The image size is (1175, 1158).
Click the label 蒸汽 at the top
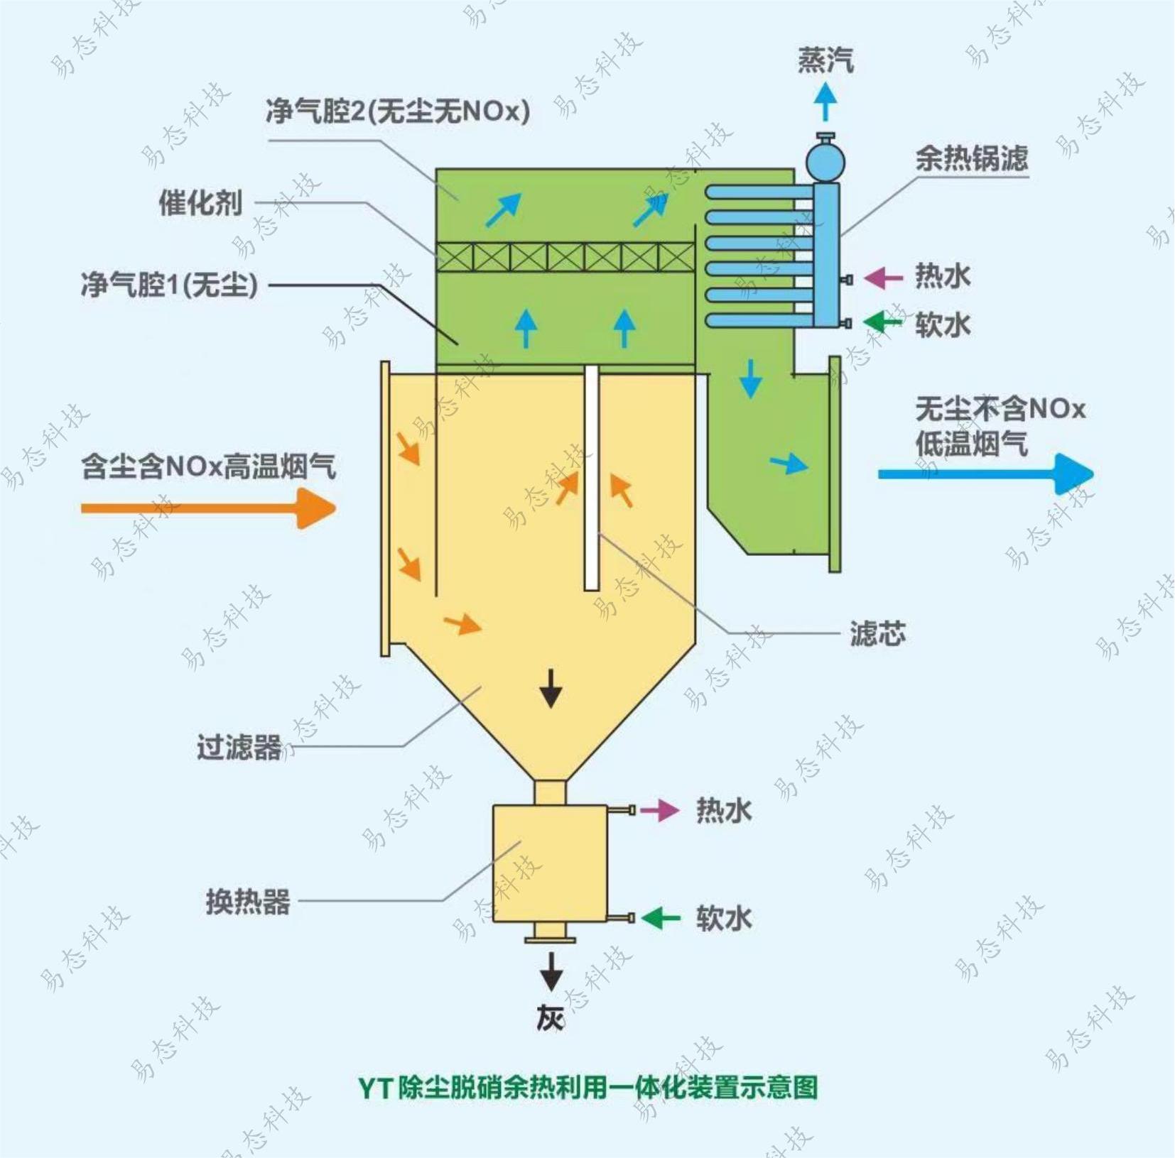(825, 60)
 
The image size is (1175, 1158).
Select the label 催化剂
(200, 203)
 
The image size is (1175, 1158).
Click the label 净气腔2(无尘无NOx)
(398, 111)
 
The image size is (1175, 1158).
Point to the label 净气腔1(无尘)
(169, 285)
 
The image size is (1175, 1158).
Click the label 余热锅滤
(971, 158)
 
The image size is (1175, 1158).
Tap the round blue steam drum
(825, 160)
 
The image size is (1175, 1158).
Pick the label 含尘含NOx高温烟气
(208, 466)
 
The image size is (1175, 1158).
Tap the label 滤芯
(878, 633)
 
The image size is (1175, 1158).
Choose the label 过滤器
(239, 748)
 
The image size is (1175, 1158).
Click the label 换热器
(248, 902)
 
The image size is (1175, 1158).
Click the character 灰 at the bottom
(551, 1019)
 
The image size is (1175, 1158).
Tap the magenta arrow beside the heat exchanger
(660, 810)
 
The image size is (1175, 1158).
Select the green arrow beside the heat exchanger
(661, 918)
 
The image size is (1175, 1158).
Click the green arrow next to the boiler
(882, 322)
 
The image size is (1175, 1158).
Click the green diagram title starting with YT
(587, 1087)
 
